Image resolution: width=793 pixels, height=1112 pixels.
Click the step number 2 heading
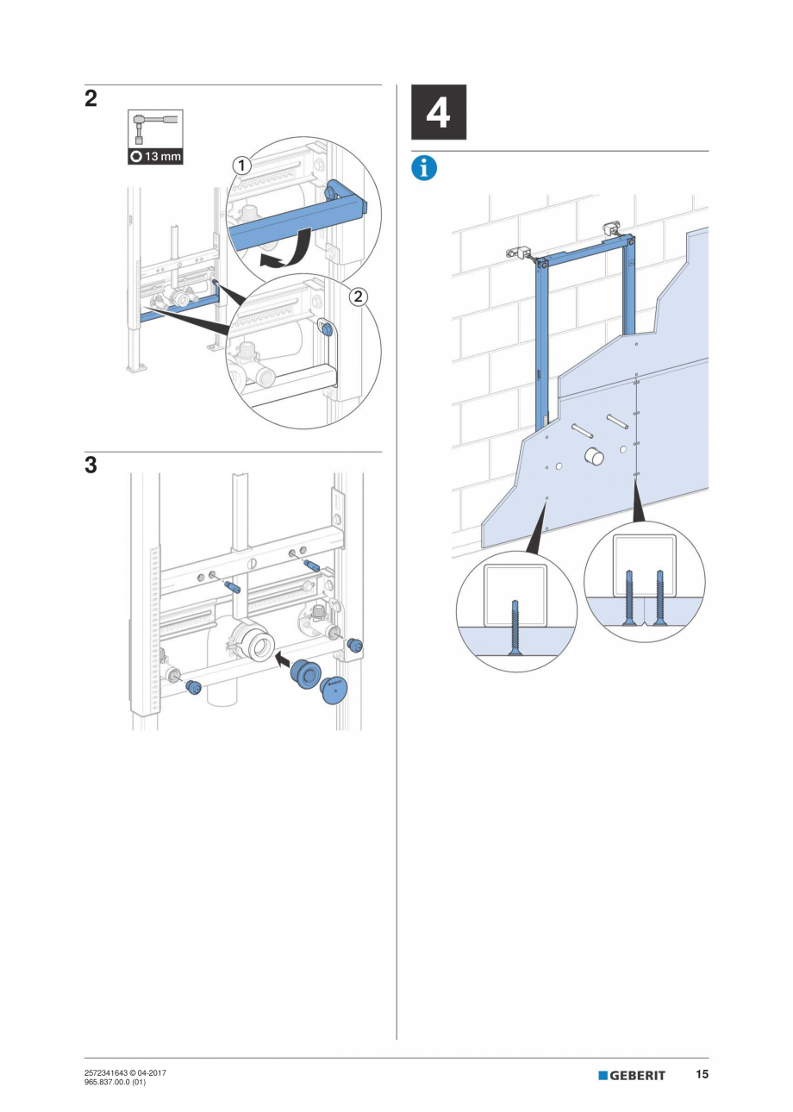pos(91,98)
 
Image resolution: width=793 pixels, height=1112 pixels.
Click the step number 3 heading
pos(91,465)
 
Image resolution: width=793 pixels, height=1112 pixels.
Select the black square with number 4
pos(438,112)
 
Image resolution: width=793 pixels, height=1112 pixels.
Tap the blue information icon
pos(424,168)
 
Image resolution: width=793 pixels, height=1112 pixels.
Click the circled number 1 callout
pos(242,164)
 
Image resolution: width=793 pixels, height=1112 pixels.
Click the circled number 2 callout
pos(358,297)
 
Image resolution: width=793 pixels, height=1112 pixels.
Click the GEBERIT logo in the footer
pos(632,1075)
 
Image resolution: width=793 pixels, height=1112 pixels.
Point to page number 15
pos(702,1075)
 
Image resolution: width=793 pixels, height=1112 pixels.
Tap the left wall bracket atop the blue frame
pos(518,253)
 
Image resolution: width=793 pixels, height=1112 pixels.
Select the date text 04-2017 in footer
pos(153,1072)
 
